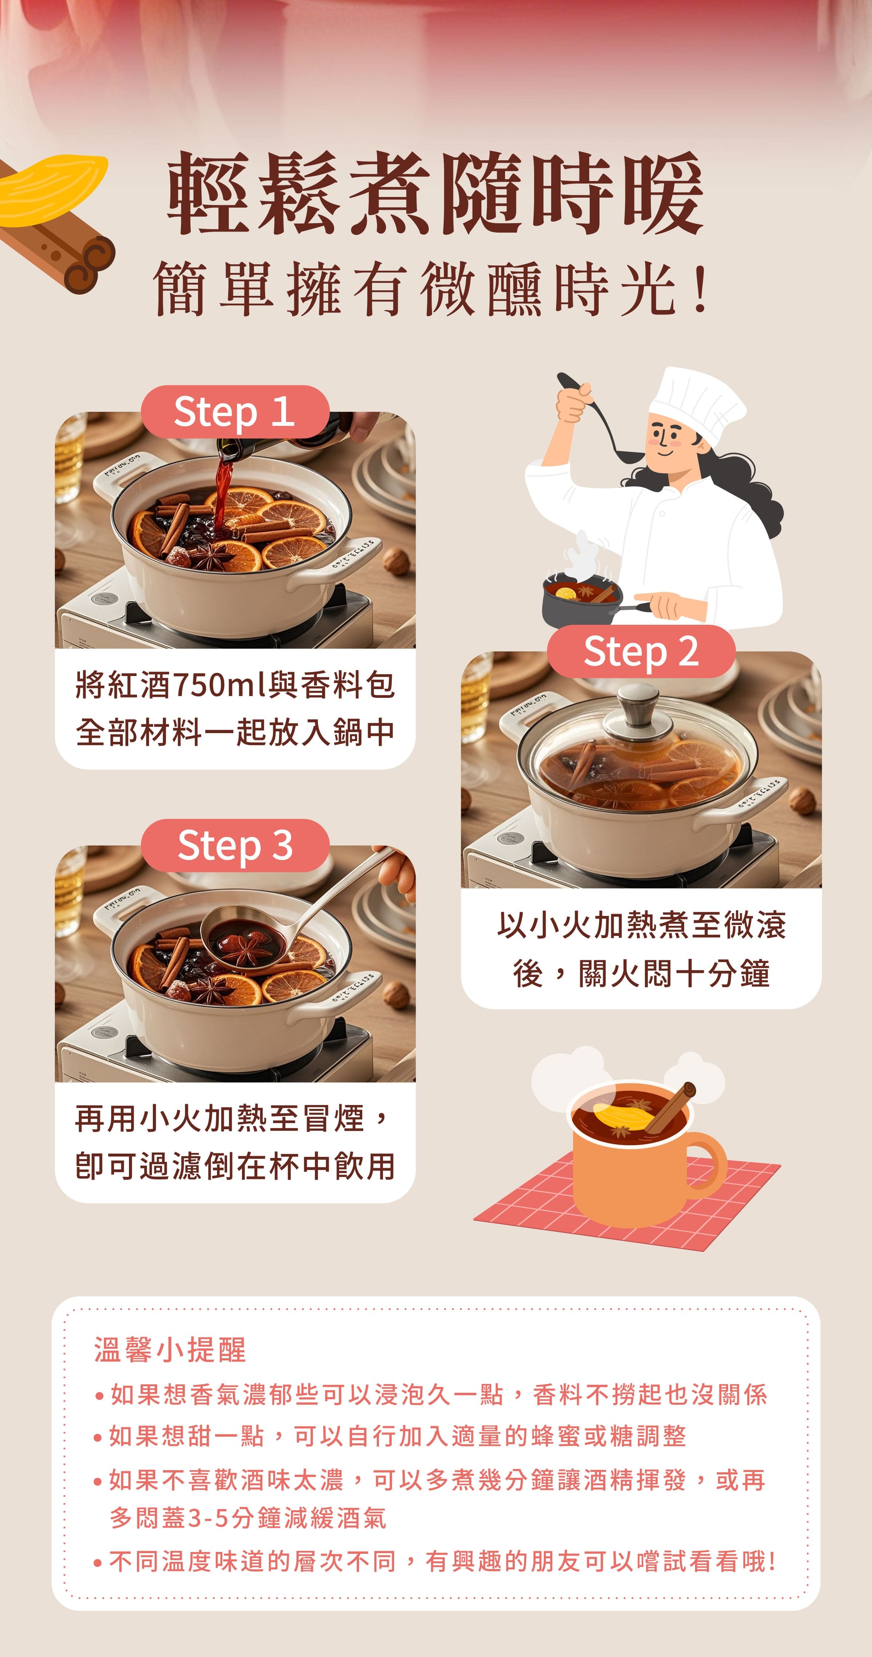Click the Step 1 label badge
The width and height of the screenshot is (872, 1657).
point(235,412)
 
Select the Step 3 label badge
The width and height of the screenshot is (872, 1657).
point(235,845)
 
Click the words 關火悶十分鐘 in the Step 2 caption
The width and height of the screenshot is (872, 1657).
point(674,974)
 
